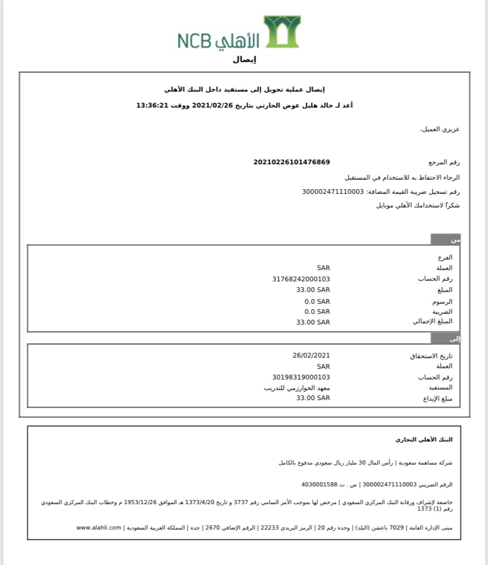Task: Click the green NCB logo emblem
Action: tap(282, 31)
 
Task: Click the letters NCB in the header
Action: tap(194, 41)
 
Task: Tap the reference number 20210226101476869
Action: tap(292, 162)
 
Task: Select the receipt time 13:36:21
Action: tap(153, 105)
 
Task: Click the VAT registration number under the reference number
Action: tap(333, 191)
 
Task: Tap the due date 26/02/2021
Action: tap(311, 355)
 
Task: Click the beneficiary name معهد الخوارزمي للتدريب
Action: tap(297, 388)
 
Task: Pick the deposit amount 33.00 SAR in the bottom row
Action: tap(313, 398)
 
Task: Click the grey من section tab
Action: tap(446, 240)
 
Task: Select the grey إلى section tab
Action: tap(446, 339)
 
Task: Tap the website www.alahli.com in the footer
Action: tap(99, 527)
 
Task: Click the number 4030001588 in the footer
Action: tap(319, 484)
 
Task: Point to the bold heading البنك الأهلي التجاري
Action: tap(424, 440)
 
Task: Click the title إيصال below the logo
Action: tap(245, 60)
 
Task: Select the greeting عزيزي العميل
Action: tap(440, 129)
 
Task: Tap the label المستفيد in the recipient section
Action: tap(440, 388)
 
